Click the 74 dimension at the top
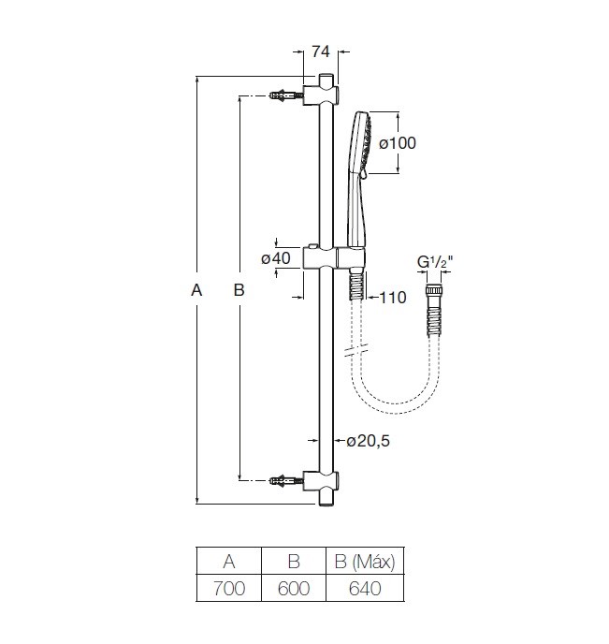pyautogui.click(x=321, y=51)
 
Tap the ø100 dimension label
pyautogui.click(x=398, y=143)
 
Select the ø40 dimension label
pyautogui.click(x=276, y=258)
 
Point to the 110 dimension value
pyautogui.click(x=393, y=298)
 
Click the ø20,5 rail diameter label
pyautogui.click(x=368, y=441)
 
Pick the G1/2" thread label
pyautogui.click(x=435, y=262)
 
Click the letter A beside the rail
pyautogui.click(x=196, y=290)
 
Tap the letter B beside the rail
pyautogui.click(x=239, y=290)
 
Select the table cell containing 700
pyautogui.click(x=229, y=588)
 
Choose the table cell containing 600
pyautogui.click(x=294, y=588)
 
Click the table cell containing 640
pyautogui.click(x=365, y=588)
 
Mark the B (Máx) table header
pyautogui.click(x=365, y=561)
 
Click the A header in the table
pyautogui.click(x=229, y=561)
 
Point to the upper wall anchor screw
pyautogui.click(x=286, y=95)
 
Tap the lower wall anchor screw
pyautogui.click(x=286, y=480)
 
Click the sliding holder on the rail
pyautogui.click(x=334, y=257)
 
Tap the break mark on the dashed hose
pyautogui.click(x=356, y=349)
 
